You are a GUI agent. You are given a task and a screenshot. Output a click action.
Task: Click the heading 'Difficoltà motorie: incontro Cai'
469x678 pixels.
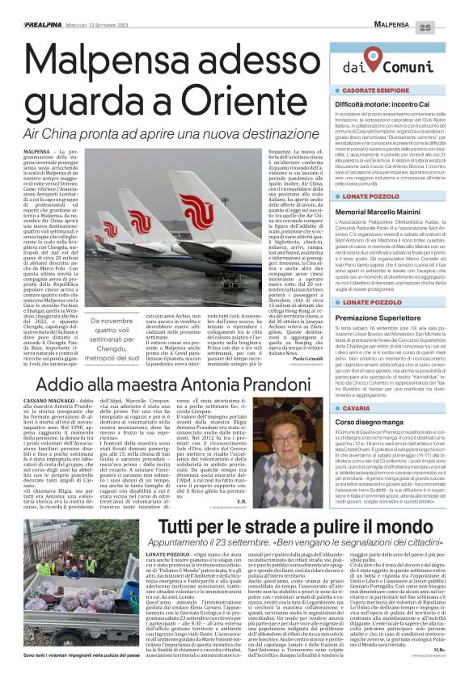[389, 106]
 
